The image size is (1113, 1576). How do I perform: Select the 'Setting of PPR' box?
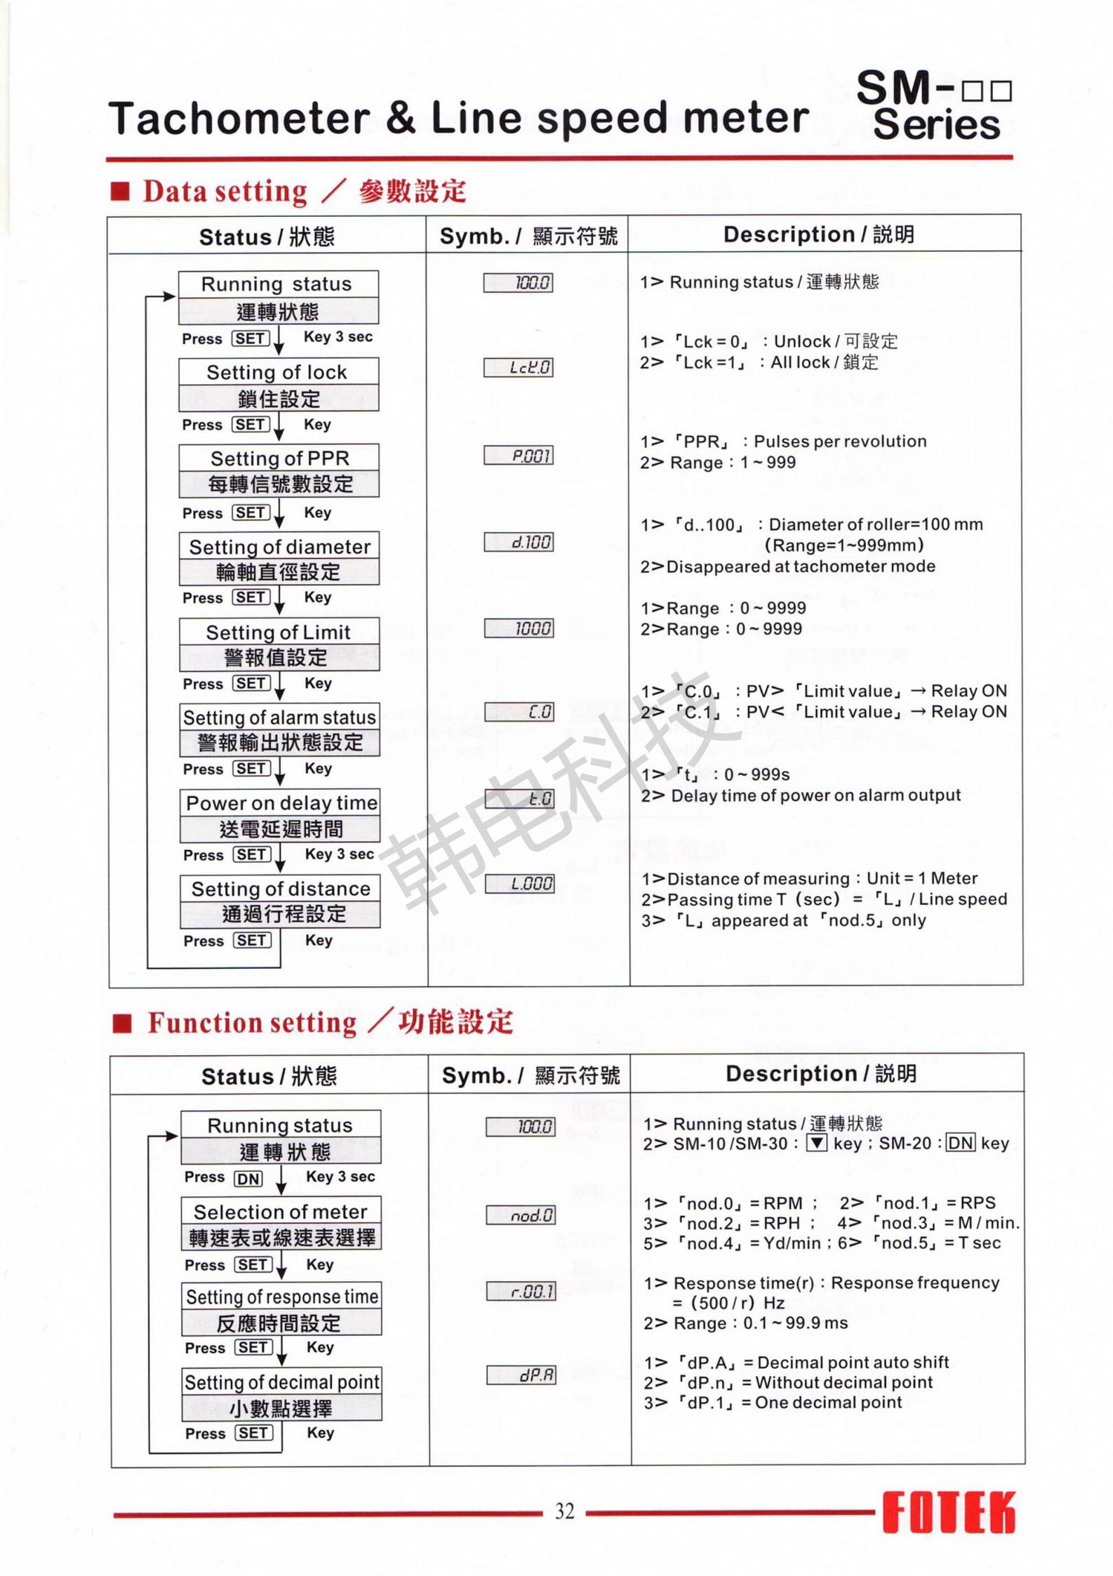[279, 470]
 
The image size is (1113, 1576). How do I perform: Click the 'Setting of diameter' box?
[279, 558]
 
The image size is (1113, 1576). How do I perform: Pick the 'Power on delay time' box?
[280, 815]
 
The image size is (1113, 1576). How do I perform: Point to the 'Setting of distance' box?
[280, 901]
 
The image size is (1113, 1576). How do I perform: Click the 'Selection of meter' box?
[281, 1224]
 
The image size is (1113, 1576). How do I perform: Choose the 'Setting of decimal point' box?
[282, 1394]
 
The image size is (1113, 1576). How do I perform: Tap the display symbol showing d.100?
[519, 542]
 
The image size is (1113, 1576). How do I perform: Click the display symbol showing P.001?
[519, 456]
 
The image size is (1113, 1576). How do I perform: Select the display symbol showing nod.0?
[521, 1215]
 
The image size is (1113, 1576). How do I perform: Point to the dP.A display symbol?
[521, 1375]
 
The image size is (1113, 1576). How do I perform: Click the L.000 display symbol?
[519, 884]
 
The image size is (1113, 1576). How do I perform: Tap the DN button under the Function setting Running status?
[248, 1179]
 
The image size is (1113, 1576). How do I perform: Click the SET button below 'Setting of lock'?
[251, 425]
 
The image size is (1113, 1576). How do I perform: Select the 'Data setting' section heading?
[225, 192]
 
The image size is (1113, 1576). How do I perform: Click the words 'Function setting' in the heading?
[252, 1023]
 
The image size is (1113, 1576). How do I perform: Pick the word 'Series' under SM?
[936, 125]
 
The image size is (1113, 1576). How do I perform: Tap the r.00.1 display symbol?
[521, 1291]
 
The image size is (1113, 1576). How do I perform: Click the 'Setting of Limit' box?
[279, 644]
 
